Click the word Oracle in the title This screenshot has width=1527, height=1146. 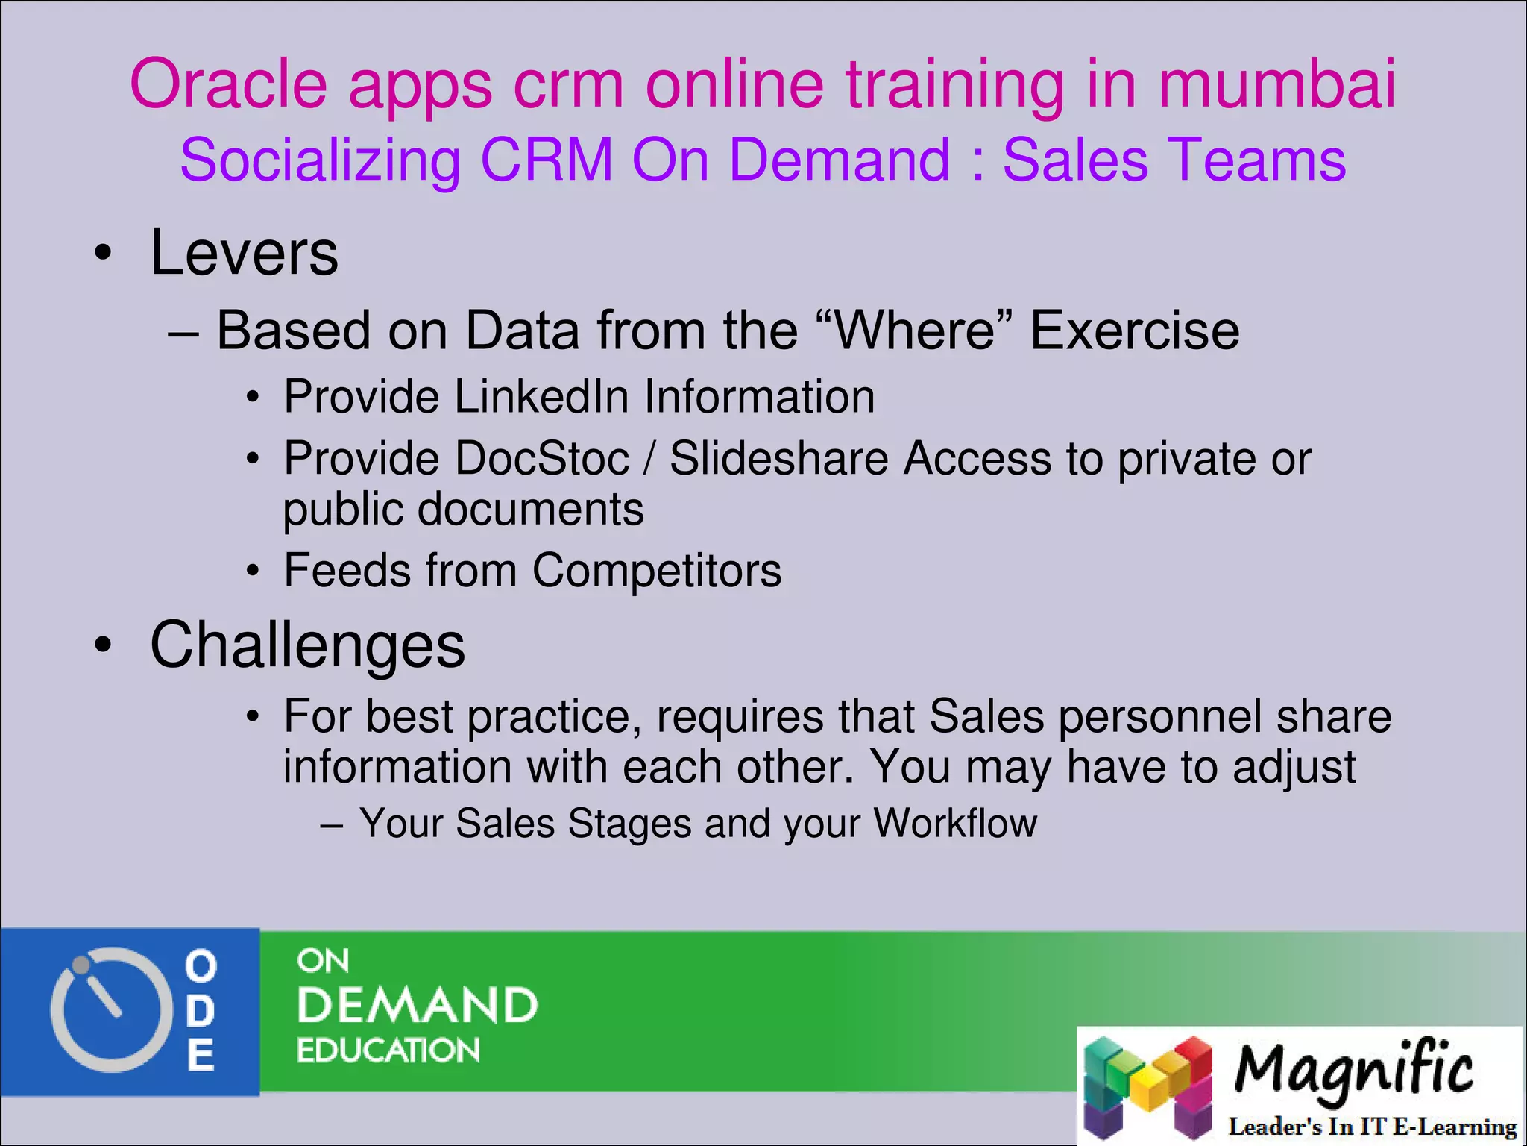[x=228, y=84]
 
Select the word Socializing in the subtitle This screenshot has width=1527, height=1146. [x=321, y=160]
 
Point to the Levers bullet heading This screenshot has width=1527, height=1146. [x=244, y=253]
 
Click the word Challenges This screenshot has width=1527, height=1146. [x=307, y=645]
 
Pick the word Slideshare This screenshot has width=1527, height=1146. [x=778, y=458]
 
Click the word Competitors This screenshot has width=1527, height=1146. [x=657, y=571]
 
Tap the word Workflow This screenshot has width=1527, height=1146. [x=955, y=824]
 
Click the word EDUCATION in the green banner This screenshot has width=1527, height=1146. [x=388, y=1050]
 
